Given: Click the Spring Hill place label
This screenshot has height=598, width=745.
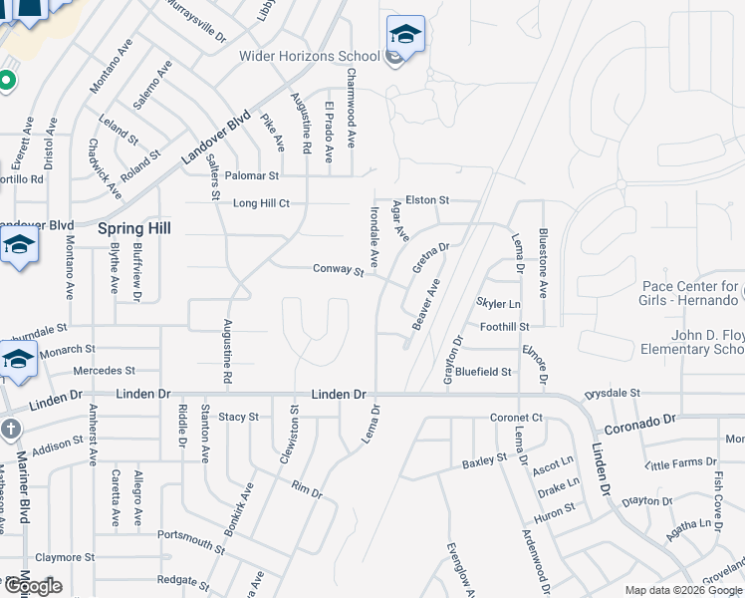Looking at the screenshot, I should click(x=134, y=228).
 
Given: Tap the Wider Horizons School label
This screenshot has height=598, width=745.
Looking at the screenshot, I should click(x=309, y=56).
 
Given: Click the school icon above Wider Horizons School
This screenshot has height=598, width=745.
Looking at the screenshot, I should click(x=405, y=35).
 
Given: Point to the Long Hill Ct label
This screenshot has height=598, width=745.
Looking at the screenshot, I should click(x=261, y=203).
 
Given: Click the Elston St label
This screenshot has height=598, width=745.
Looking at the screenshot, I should click(x=428, y=200).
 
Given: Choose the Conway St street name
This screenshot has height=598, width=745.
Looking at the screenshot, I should click(x=338, y=269).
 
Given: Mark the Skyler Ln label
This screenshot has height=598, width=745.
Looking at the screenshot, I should click(x=499, y=303).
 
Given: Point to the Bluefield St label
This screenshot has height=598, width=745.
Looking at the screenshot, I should click(x=484, y=372).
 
